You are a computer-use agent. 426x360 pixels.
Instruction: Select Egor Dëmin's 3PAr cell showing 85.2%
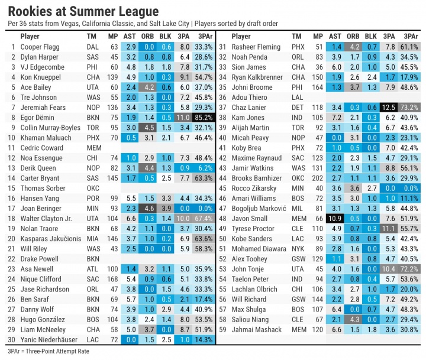tap(204, 117)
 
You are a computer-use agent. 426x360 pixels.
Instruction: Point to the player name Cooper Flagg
tap(39, 46)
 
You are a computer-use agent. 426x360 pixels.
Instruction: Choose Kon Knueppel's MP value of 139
tap(114, 77)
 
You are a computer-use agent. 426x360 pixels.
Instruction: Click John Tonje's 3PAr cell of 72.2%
tap(409, 269)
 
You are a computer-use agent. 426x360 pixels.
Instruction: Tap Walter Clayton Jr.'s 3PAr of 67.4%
tap(204, 218)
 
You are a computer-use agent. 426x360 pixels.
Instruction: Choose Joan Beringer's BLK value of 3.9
tap(167, 208)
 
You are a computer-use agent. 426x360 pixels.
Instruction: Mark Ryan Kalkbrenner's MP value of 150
tap(319, 77)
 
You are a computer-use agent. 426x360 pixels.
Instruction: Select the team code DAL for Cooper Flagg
tap(92, 46)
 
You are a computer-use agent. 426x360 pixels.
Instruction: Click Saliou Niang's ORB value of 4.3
tap(353, 319)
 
